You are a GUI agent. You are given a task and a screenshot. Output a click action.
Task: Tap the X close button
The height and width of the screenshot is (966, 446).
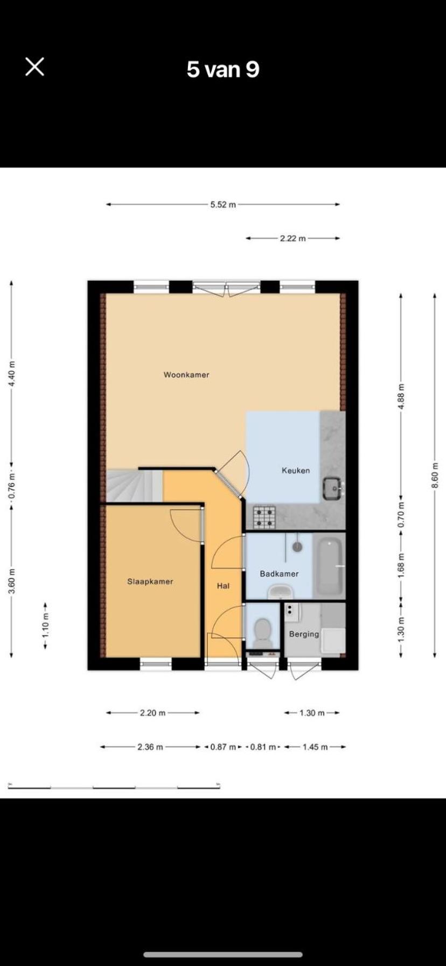point(34,67)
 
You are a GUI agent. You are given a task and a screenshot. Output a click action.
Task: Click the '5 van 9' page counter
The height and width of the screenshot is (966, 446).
point(223,70)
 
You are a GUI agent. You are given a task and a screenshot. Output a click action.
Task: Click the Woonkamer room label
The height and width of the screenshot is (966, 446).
point(186,375)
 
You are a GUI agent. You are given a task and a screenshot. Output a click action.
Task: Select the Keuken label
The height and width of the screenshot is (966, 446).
point(296,471)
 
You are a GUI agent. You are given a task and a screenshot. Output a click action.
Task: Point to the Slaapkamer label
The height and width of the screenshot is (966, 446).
point(150,582)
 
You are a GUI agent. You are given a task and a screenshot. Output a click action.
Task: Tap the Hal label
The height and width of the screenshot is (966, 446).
point(224,585)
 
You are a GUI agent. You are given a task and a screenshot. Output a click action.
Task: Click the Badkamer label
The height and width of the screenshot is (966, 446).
point(279,574)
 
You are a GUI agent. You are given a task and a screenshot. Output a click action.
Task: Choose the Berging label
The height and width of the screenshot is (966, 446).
point(304,634)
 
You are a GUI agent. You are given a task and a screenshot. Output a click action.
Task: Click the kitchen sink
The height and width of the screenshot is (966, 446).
point(332,488)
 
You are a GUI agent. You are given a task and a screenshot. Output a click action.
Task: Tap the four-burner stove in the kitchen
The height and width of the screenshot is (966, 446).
point(264,517)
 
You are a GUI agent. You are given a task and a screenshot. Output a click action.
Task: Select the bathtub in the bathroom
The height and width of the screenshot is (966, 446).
point(328,566)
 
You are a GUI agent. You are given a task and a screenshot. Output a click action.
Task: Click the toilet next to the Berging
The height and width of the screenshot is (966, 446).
point(263,632)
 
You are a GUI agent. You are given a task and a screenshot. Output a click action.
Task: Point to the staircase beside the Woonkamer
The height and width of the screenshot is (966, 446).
point(134,486)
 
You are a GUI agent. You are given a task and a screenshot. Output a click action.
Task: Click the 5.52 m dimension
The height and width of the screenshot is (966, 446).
point(223,205)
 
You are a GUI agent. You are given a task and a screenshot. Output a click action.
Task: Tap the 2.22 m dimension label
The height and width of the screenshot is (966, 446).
point(292,238)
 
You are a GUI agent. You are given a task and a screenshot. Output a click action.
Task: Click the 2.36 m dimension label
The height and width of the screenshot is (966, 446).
point(150,747)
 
